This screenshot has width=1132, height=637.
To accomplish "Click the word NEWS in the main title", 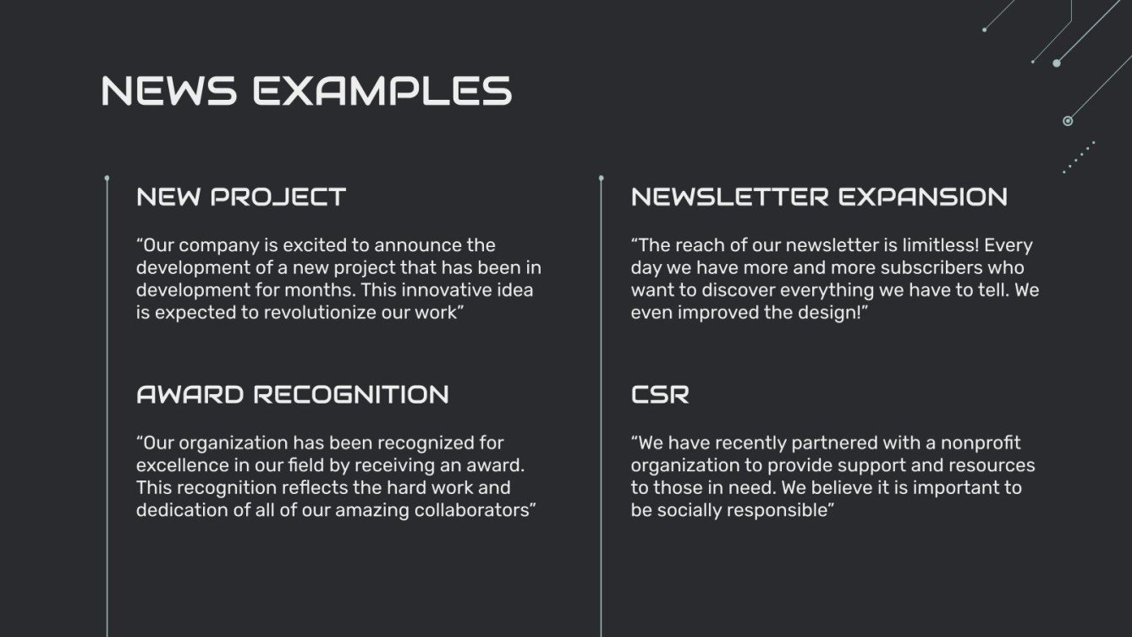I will click(168, 91).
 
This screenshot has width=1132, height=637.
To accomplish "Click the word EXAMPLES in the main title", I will click(382, 91).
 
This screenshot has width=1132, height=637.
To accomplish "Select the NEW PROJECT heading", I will click(241, 197).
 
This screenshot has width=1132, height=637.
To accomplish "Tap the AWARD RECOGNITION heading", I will click(293, 394).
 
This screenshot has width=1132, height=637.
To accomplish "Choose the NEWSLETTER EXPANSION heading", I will click(819, 197).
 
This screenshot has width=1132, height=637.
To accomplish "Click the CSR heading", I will click(660, 394).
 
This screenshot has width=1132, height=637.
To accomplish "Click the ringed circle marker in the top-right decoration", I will click(1068, 121).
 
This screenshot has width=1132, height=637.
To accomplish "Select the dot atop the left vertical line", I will click(107, 178).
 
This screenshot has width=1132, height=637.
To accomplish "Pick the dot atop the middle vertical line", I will click(602, 178).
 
